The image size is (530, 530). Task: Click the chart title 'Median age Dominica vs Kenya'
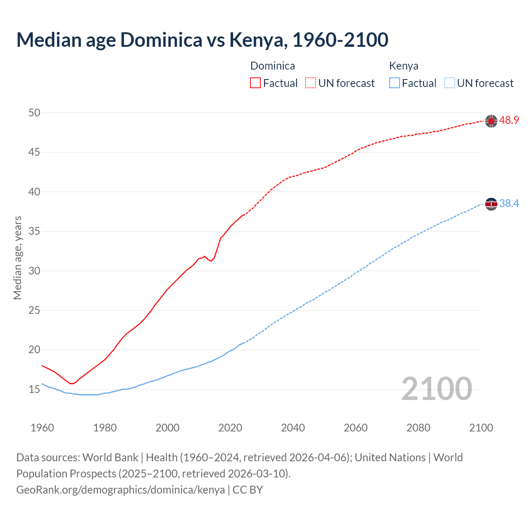pyautogui.click(x=202, y=40)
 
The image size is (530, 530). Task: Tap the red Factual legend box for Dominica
pyautogui.click(x=255, y=83)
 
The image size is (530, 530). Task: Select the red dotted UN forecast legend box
pyautogui.click(x=311, y=83)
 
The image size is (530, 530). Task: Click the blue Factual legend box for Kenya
pyautogui.click(x=395, y=83)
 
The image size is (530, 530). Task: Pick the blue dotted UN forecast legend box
pyautogui.click(x=450, y=83)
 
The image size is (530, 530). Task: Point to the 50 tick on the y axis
pyautogui.click(x=34, y=113)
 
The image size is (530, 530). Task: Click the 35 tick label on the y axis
pyautogui.click(x=34, y=231)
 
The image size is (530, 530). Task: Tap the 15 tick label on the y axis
pyautogui.click(x=34, y=390)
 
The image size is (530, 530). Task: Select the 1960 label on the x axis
pyautogui.click(x=42, y=428)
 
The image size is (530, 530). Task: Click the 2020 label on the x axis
pyautogui.click(x=230, y=428)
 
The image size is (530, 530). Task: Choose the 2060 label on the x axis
pyautogui.click(x=356, y=428)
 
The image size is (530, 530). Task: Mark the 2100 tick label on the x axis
pyautogui.click(x=481, y=428)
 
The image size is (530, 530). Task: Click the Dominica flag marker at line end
pyautogui.click(x=491, y=121)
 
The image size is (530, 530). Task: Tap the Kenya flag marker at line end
pyautogui.click(x=491, y=204)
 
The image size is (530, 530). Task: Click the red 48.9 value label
pyautogui.click(x=509, y=120)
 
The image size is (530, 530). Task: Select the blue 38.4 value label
pyautogui.click(x=509, y=204)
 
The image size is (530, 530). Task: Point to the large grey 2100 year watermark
pyautogui.click(x=437, y=389)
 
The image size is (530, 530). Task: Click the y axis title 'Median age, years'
pyautogui.click(x=17, y=258)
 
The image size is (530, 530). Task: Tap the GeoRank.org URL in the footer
pyautogui.click(x=120, y=490)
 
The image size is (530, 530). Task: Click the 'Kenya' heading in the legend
pyautogui.click(x=404, y=66)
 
